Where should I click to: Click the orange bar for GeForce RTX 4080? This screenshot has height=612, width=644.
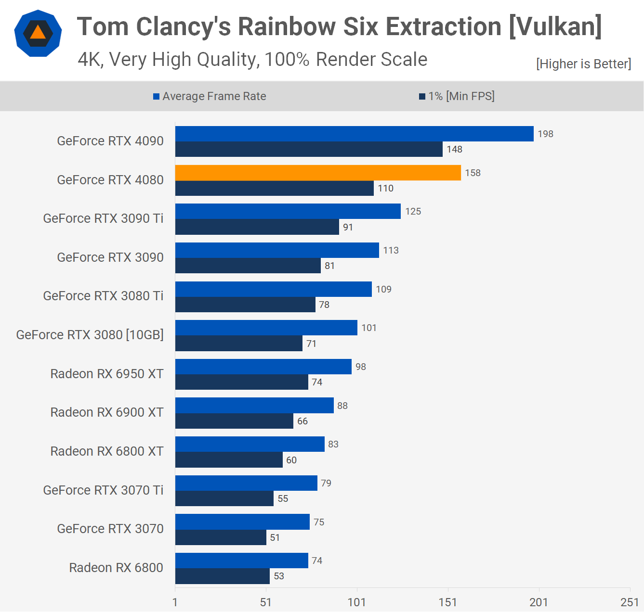click(318, 173)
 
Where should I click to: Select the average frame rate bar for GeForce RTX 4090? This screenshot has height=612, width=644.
click(354, 134)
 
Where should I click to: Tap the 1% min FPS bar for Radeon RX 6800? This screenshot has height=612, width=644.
click(222, 576)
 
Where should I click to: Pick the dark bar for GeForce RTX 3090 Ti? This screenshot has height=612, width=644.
click(257, 227)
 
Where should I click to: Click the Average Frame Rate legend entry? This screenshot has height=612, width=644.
click(210, 96)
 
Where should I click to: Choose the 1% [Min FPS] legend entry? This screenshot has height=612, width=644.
click(457, 96)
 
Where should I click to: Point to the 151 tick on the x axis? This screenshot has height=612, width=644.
click(447, 602)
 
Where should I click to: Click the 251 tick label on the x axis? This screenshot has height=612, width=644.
click(629, 602)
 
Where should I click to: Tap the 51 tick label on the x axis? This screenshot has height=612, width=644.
click(265, 602)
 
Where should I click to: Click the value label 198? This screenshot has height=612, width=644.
click(545, 134)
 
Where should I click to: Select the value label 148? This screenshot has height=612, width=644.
click(454, 149)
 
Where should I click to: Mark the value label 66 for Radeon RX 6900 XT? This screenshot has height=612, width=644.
click(302, 421)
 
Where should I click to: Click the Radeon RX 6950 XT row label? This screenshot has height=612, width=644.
click(107, 374)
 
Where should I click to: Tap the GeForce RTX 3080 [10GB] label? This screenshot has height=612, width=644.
click(90, 335)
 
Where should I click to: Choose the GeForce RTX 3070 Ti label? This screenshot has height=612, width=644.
click(103, 490)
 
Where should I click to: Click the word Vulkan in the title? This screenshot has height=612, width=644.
click(555, 26)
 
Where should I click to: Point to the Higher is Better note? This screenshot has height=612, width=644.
click(583, 64)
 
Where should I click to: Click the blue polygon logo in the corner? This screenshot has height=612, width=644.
click(38, 33)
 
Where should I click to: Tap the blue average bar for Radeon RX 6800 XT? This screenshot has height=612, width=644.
click(250, 444)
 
